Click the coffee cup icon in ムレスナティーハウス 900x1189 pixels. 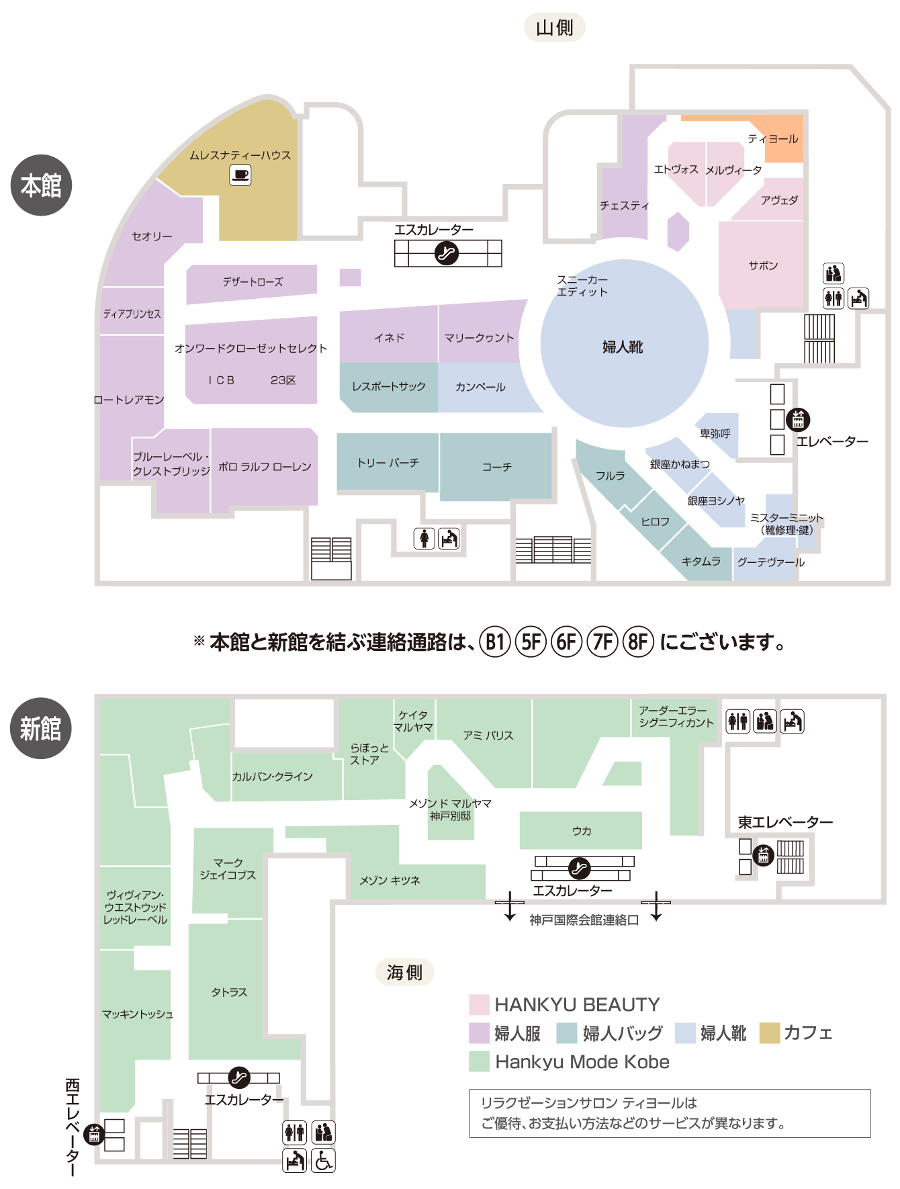(x=240, y=176)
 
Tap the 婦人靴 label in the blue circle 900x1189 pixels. (x=623, y=347)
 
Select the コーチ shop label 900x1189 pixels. (x=496, y=467)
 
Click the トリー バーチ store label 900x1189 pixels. (x=388, y=463)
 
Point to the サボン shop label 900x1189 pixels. (x=763, y=265)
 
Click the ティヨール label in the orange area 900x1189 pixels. (x=773, y=139)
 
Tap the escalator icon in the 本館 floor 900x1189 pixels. (x=447, y=253)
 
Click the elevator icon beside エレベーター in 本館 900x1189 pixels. (x=798, y=419)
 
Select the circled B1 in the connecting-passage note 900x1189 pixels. (x=495, y=642)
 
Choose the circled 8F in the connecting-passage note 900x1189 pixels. (x=638, y=642)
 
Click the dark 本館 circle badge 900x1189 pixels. (x=41, y=185)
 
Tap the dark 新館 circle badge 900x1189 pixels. (x=41, y=728)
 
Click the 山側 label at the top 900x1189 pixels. (x=554, y=28)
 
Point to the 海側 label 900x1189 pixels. (x=404, y=972)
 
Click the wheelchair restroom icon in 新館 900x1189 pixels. (x=324, y=1160)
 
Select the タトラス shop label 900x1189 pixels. (x=229, y=992)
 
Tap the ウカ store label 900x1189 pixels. (x=582, y=831)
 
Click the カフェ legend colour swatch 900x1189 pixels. (x=769, y=1033)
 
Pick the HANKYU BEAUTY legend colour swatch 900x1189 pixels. (x=479, y=1004)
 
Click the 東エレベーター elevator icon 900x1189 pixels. (x=763, y=856)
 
